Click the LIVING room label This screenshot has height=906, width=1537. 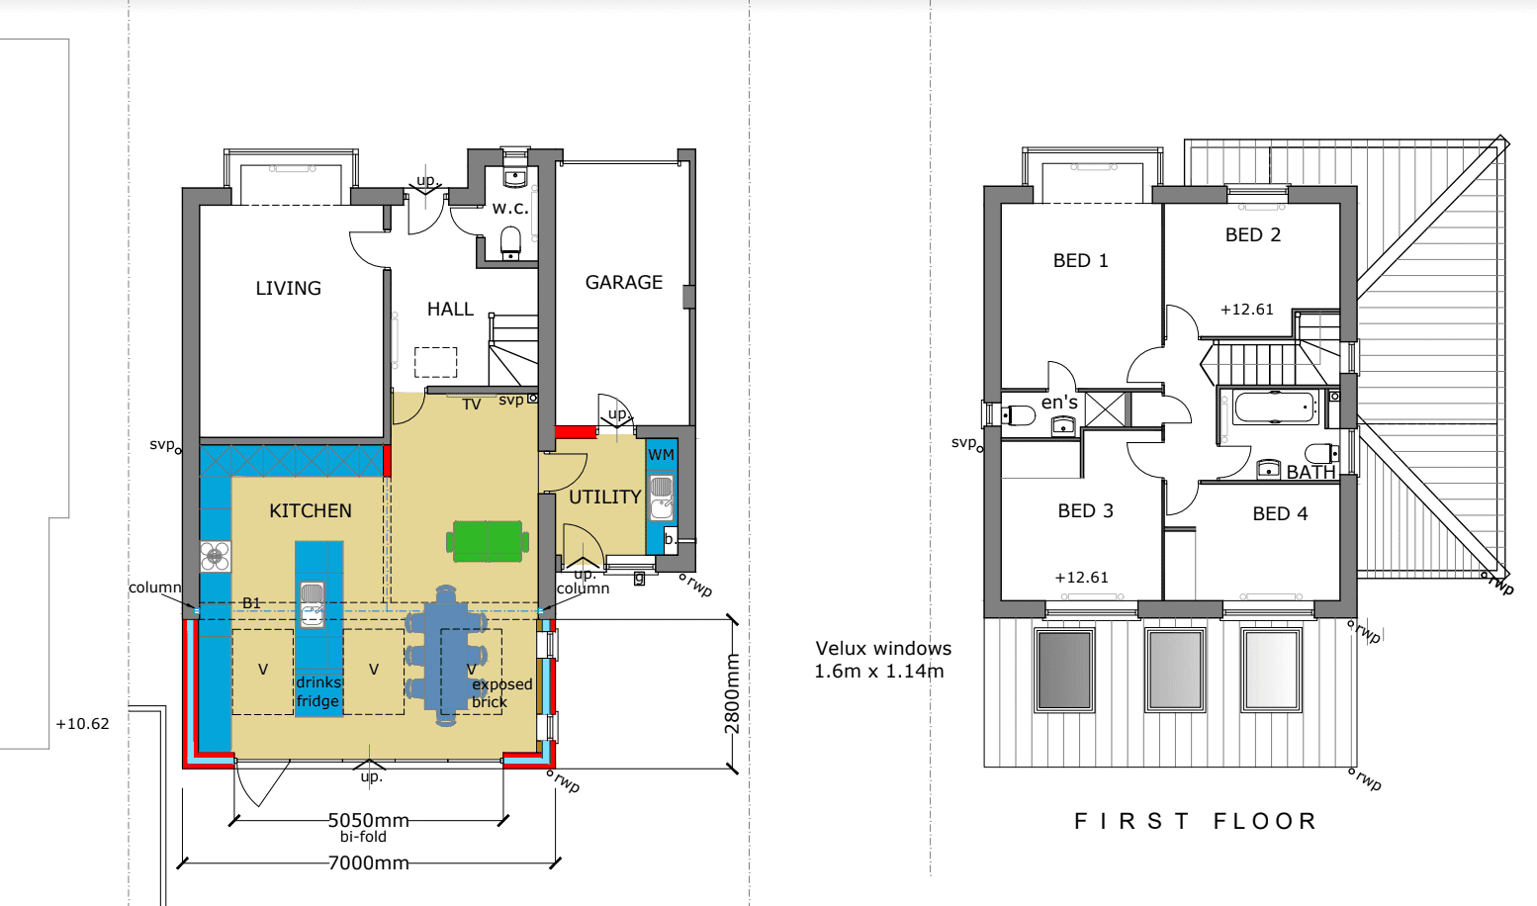(x=288, y=288)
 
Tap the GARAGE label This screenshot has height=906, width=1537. (x=624, y=282)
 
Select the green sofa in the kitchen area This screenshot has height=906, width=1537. (x=488, y=542)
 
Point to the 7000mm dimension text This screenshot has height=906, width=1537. (x=369, y=862)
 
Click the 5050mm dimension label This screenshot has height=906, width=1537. (x=369, y=820)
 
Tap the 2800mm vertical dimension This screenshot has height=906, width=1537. (x=732, y=694)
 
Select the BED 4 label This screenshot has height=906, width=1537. (x=1281, y=513)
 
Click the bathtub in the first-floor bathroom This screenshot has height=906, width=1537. (x=1275, y=408)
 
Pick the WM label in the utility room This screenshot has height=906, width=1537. (x=662, y=454)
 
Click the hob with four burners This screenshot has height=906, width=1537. (x=216, y=556)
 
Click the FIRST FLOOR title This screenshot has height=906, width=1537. (x=1196, y=821)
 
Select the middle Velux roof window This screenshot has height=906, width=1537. (x=1175, y=670)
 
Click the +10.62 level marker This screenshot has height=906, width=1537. (x=82, y=723)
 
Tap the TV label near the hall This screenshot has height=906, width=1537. (x=472, y=405)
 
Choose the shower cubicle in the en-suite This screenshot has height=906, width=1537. (x=1104, y=409)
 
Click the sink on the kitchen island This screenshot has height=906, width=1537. (x=313, y=604)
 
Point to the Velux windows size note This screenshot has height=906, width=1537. (x=883, y=659)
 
